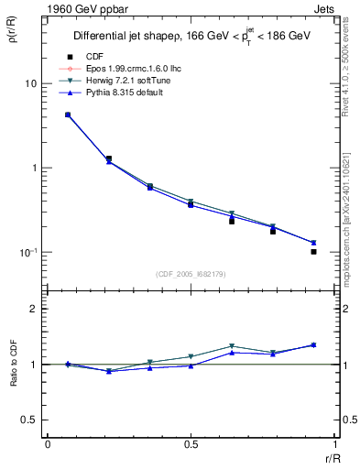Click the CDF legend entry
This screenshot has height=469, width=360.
tap(92, 57)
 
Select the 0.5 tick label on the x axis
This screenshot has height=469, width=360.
tap(190, 444)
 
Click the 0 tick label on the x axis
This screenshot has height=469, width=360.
tap(48, 444)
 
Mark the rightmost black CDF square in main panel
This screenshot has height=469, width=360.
tap(313, 251)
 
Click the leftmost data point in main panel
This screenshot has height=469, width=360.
tap(68, 115)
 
